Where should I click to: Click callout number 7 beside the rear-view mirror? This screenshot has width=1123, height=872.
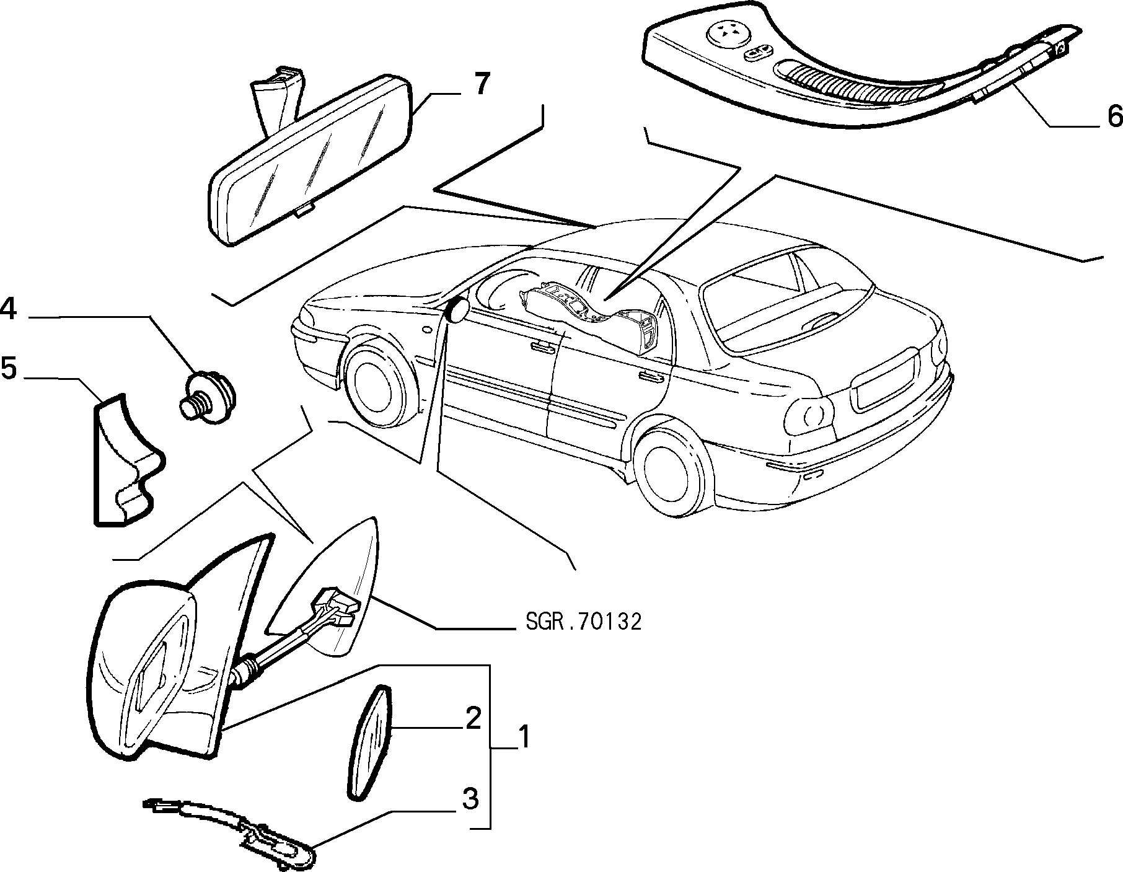tap(482, 84)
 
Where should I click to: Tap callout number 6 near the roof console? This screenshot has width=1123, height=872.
tap(1114, 116)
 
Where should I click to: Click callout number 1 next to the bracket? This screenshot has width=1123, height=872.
tap(524, 738)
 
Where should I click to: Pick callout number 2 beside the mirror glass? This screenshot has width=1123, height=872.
tap(473, 718)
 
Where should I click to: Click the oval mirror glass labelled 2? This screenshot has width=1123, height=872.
tap(369, 740)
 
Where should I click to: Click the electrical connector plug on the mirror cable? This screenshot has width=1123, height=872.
tap(335, 606)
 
